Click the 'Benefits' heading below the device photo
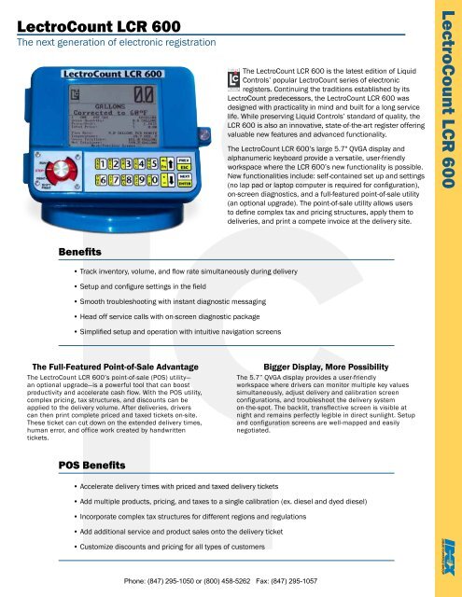(80, 251)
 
